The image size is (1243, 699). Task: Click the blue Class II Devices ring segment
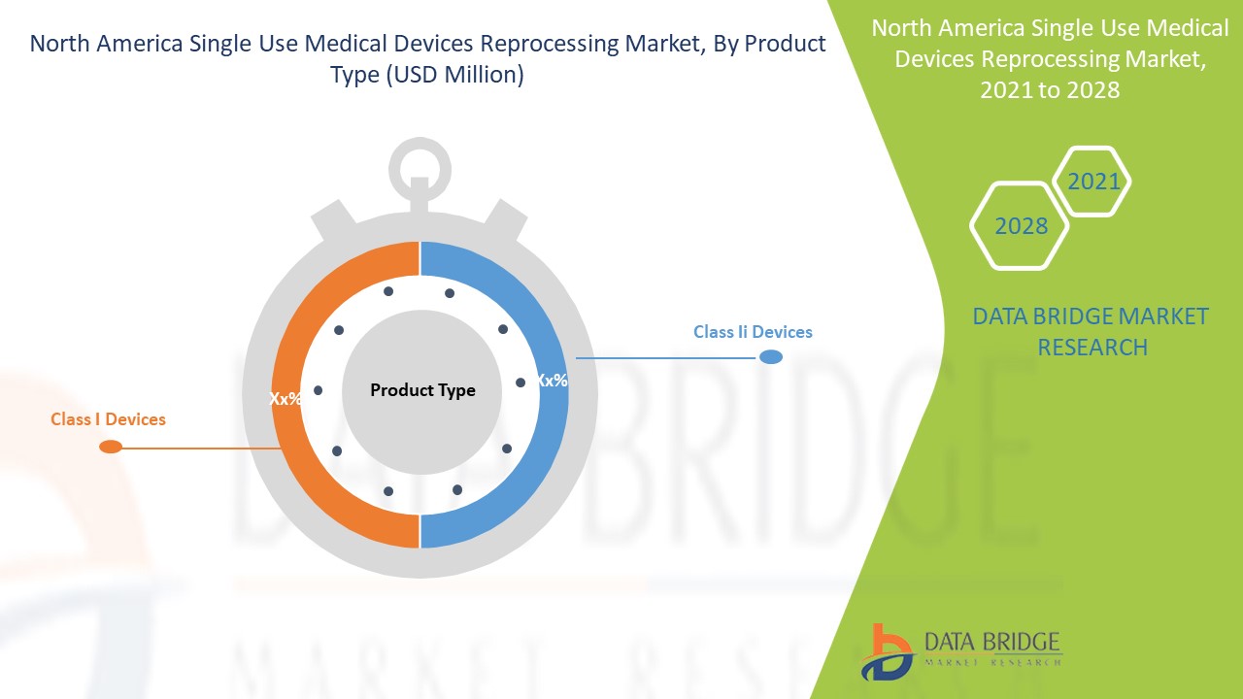point(544,456)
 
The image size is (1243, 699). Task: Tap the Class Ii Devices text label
point(753,332)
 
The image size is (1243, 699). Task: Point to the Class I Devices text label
point(108,419)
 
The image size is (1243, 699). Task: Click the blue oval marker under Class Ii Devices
point(771,357)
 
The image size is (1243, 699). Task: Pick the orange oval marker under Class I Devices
point(111,447)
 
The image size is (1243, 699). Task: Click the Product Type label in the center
point(422,390)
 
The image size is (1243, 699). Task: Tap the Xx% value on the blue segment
point(552,381)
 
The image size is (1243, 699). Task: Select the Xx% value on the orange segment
point(286,398)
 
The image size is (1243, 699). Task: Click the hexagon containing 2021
point(1092,182)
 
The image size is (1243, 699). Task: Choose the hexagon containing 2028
point(1021,226)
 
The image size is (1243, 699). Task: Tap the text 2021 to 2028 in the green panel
point(1050,90)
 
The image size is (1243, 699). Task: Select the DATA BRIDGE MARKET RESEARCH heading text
point(1092,331)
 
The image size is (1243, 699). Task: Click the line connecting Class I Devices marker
point(199,448)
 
